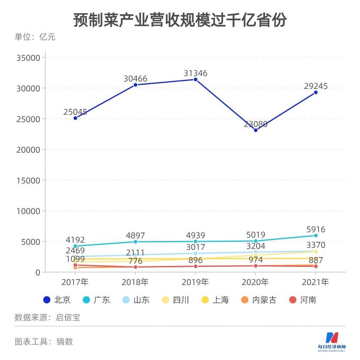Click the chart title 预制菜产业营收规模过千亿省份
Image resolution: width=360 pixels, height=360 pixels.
pos(180,20)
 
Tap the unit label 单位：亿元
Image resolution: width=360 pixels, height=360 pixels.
pos(35,37)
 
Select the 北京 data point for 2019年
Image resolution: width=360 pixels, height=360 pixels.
pos(196,80)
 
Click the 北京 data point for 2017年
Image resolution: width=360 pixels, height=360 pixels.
pos(75,118)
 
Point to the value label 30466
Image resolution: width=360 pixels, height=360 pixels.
pos(136,79)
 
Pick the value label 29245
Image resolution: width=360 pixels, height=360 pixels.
pos(316,86)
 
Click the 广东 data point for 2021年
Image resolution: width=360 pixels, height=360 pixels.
pos(316,235)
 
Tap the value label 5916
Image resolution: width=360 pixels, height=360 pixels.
pos(316,230)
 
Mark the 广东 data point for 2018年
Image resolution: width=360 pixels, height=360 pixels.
pos(136,242)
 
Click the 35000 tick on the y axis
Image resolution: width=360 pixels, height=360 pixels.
pos(28,58)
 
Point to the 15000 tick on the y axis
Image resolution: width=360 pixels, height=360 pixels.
pos(28,180)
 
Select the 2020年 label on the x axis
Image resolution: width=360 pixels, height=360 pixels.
pos(256,282)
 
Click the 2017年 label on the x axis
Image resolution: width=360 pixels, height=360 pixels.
pos(75,282)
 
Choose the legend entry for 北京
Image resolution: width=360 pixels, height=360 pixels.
pos(57,300)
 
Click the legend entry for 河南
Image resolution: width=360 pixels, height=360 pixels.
pos(302,300)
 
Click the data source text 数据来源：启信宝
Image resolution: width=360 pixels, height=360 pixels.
pos(47,318)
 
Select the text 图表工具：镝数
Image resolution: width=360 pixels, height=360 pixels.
pos(44,341)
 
